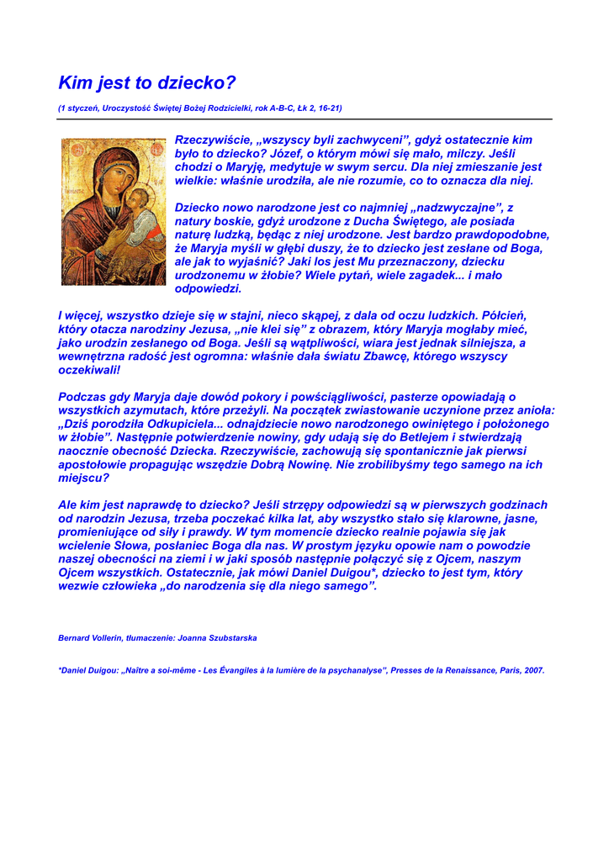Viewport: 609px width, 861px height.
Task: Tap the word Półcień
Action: pos(504,315)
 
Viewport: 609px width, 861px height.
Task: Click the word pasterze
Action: pos(414,397)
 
